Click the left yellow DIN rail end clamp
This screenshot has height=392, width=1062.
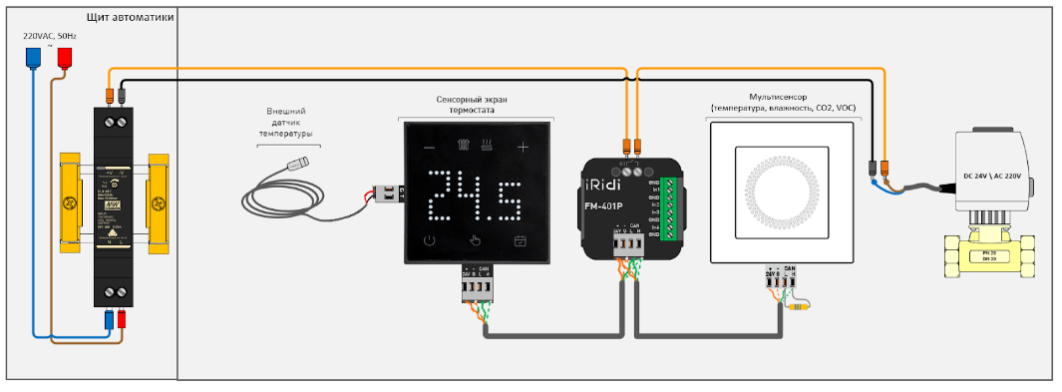tap(70, 203)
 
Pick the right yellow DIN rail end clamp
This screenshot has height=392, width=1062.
tap(159, 203)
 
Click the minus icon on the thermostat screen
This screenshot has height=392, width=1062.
tap(429, 148)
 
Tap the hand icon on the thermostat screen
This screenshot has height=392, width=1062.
tap(476, 240)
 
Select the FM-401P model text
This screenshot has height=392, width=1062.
tap(611, 208)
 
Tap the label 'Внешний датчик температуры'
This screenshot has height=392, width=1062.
tap(286, 123)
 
